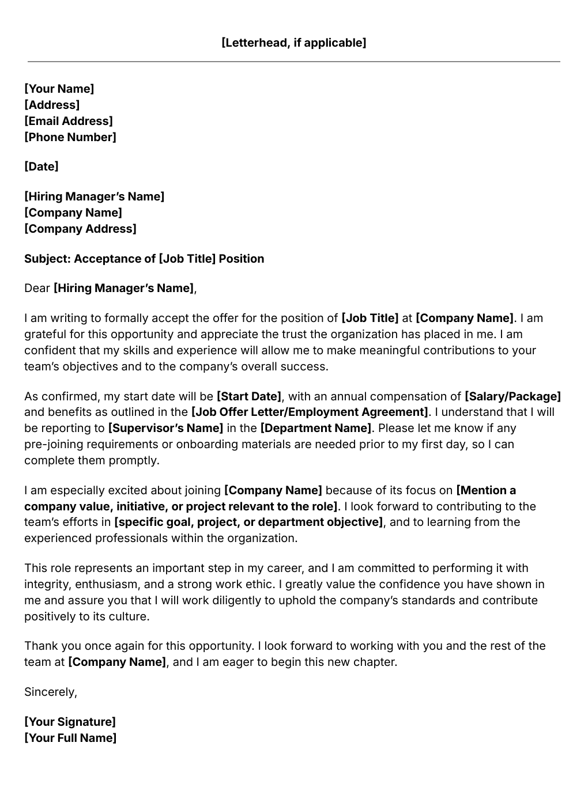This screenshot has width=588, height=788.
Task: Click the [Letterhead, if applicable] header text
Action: coord(293,43)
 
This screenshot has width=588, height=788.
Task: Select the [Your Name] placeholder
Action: coord(59,89)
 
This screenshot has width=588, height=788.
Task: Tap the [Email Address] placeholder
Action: coord(68,121)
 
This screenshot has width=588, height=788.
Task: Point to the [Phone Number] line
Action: coord(70,137)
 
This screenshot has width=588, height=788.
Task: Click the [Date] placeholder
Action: coord(41,166)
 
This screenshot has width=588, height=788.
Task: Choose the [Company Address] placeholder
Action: coord(80,229)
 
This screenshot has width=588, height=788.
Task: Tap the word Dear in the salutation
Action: coord(37,288)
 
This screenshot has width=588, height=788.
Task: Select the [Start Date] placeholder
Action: coord(248,396)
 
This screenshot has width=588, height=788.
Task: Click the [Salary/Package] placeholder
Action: coord(512,396)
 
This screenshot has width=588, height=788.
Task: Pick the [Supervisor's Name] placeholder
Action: coord(165,428)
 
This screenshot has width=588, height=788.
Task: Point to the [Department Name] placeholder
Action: coord(316,428)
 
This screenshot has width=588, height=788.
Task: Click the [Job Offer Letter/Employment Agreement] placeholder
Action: coord(310,412)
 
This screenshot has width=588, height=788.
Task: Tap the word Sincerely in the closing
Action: coord(50,692)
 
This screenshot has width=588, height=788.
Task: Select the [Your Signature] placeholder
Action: coord(70,722)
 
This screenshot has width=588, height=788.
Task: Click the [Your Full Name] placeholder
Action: coord(70,738)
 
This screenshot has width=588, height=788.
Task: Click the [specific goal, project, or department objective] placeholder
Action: coord(248,522)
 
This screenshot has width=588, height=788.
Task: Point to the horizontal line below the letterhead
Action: coord(293,62)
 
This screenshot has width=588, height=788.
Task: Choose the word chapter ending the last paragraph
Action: coord(376,662)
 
